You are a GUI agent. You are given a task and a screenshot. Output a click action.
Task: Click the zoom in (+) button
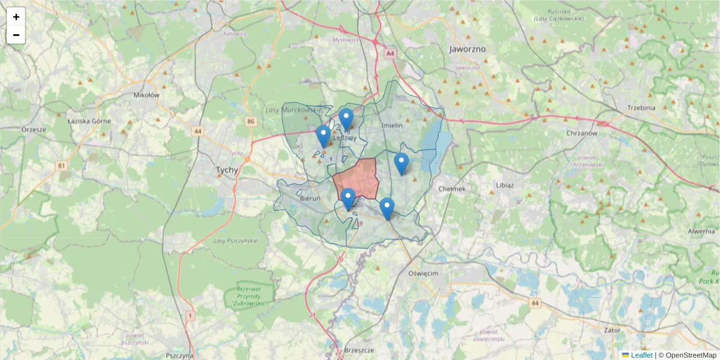pos(16,17)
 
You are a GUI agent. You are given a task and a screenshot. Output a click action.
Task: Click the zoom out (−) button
pos(16,35)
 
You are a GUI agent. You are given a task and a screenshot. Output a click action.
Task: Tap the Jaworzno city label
pos(467,49)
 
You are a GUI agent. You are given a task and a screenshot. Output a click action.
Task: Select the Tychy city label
pos(227,170)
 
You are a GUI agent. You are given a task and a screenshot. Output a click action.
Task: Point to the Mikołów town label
pos(146,95)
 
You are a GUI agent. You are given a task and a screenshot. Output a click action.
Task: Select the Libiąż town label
pos(505,185)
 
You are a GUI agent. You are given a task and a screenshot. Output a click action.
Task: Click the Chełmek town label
pos(452,188)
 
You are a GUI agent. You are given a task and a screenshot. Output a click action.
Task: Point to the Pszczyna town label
pos(179,355)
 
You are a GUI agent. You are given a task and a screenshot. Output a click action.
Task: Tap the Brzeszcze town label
pos(360,350)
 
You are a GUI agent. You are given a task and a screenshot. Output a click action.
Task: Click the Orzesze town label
pos(33,129)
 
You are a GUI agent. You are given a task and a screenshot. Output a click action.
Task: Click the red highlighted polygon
pos(357,177)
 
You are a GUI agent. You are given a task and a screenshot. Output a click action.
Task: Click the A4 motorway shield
pos(391,54)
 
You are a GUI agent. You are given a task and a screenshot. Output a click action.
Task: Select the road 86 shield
pos(250,122)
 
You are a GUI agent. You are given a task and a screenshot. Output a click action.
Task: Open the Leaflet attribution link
pos(641,355)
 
